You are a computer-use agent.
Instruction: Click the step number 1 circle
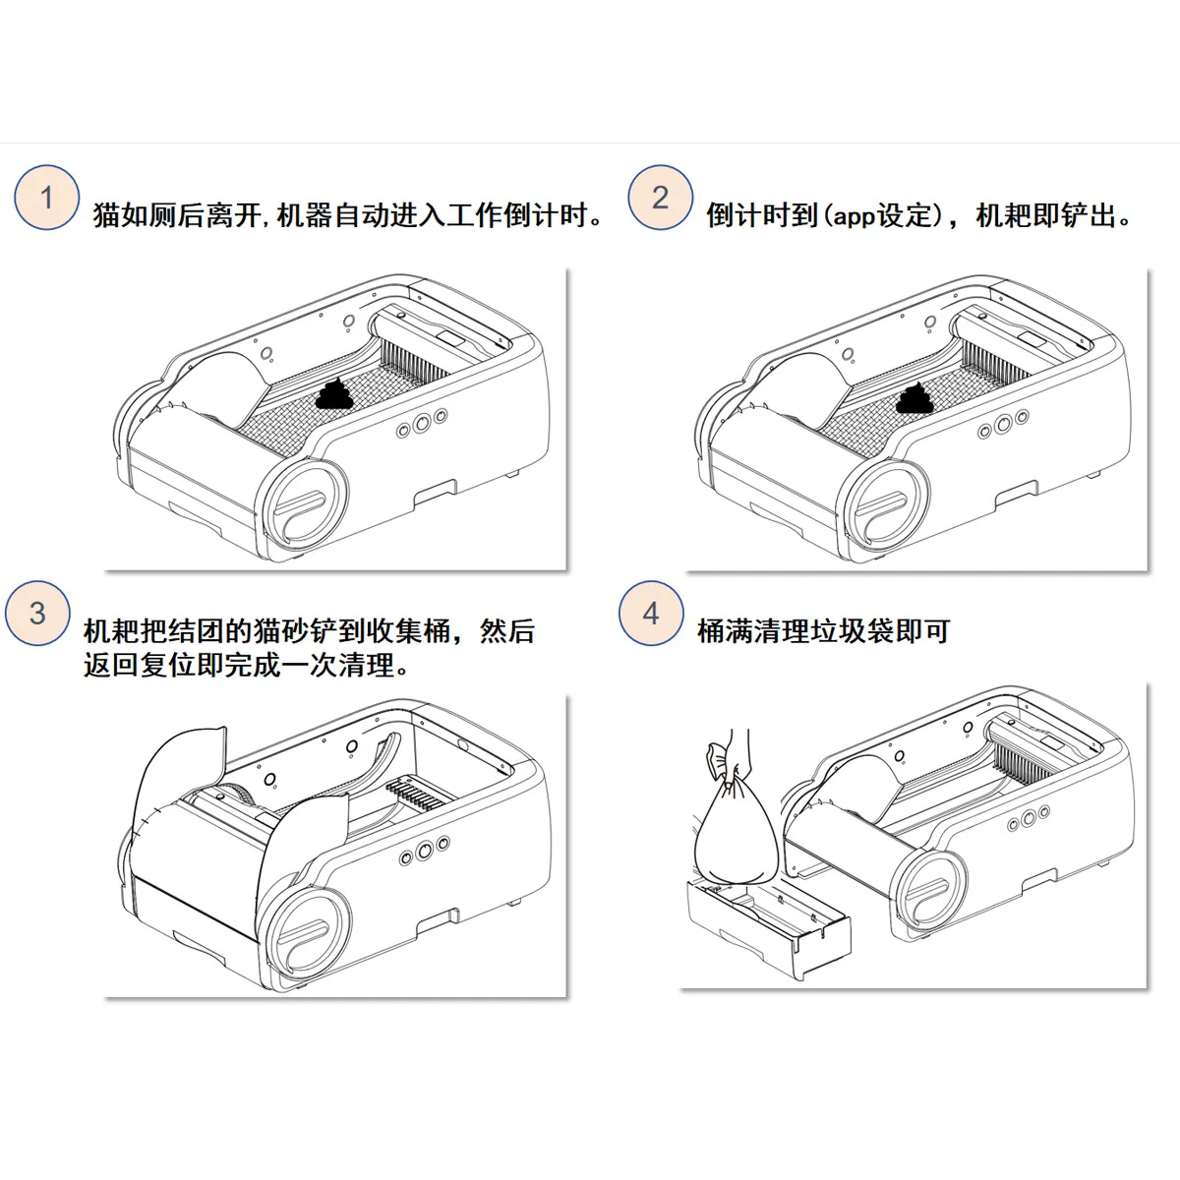coord(46,198)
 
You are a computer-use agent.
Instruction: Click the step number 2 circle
coord(660,198)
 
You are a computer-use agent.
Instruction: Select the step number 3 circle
coord(37,614)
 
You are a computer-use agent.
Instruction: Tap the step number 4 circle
coord(651,614)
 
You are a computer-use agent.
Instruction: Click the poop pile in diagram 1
coord(336,394)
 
